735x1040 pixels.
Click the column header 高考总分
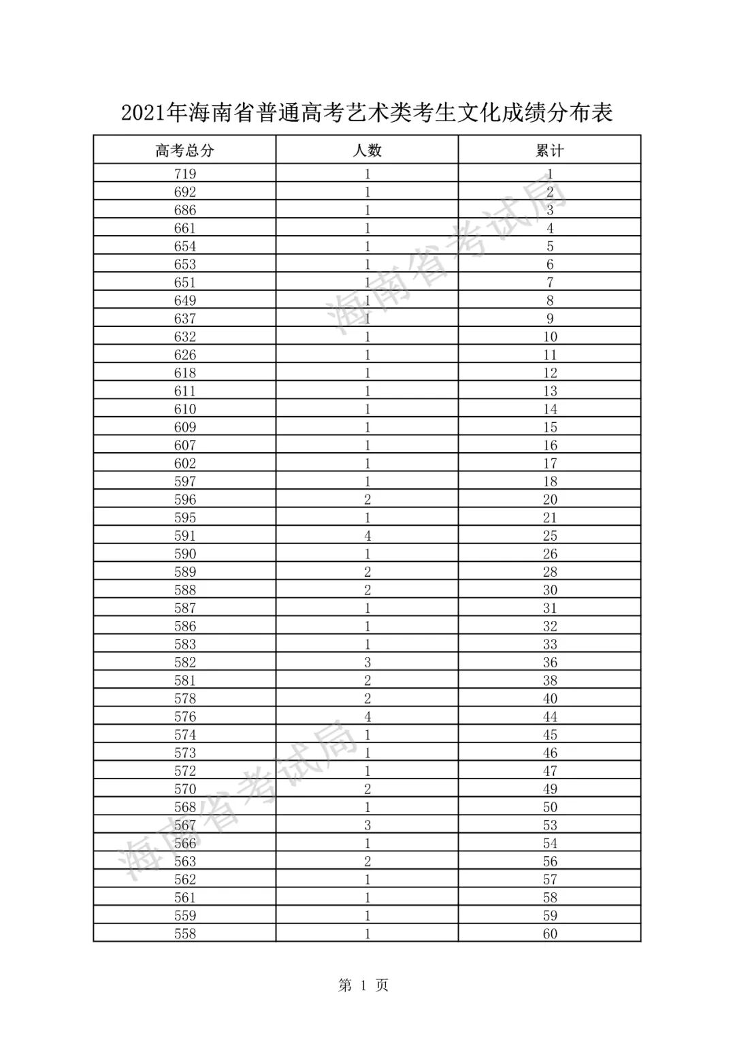pyautogui.click(x=184, y=151)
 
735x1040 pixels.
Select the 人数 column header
pyautogui.click(x=367, y=151)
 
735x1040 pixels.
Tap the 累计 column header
pyautogui.click(x=549, y=151)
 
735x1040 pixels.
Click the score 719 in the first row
pyautogui.click(x=184, y=174)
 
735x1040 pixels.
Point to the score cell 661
pyautogui.click(x=184, y=228)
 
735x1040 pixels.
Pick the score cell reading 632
pyautogui.click(x=184, y=336)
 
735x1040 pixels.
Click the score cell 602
pyautogui.click(x=184, y=463)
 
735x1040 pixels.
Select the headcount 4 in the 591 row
pyautogui.click(x=367, y=536)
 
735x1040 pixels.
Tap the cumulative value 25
pyautogui.click(x=550, y=536)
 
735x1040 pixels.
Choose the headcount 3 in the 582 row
pyautogui.click(x=367, y=663)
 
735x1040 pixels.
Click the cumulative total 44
pyautogui.click(x=550, y=716)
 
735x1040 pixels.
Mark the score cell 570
pyautogui.click(x=184, y=789)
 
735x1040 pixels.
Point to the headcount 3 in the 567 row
pyautogui.click(x=367, y=825)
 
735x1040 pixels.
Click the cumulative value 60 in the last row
pyautogui.click(x=550, y=934)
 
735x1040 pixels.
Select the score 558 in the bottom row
pyautogui.click(x=184, y=934)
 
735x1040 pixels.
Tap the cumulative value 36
pyautogui.click(x=550, y=663)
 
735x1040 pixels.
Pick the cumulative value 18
pyautogui.click(x=550, y=482)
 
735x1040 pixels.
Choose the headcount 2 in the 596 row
pyautogui.click(x=367, y=499)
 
